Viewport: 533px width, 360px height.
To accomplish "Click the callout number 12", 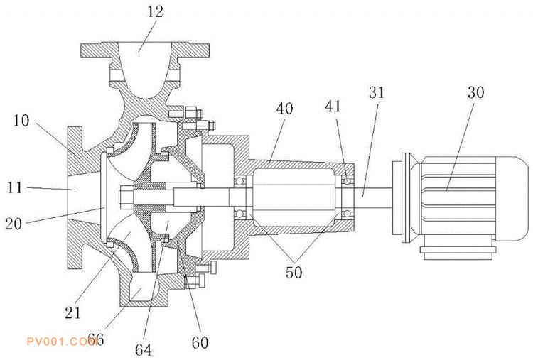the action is coord(155,11).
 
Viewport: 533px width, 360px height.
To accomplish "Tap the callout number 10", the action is coord(21,121).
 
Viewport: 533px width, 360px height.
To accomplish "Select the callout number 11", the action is coord(15,187).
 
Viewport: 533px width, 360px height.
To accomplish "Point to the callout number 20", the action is coord(14,224).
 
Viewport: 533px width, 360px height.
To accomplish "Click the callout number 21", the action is coord(72,312).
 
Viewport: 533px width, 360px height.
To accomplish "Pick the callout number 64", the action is coord(144,349).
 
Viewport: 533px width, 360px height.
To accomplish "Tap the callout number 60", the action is coord(200,342).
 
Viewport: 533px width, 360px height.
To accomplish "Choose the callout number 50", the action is coord(294,272).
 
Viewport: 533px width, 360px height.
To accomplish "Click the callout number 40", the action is coord(284,109).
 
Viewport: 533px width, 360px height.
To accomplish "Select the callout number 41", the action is coord(333,106).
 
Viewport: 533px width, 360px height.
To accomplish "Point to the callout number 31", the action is coord(377,92).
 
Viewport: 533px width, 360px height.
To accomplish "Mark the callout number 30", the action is coord(476,92).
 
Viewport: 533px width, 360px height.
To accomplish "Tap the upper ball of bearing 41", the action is coord(346,180).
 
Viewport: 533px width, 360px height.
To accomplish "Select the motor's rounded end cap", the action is coord(511,199).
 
